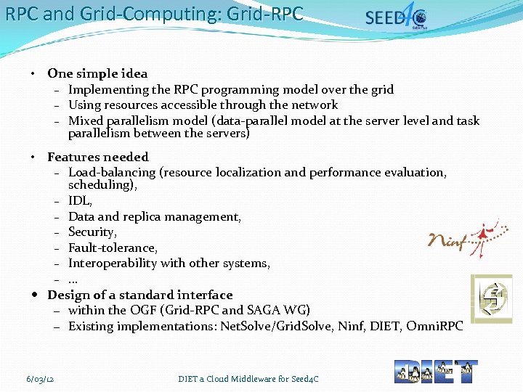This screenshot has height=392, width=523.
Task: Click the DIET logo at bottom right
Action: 436,371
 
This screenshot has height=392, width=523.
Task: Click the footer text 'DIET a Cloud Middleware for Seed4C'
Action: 248,379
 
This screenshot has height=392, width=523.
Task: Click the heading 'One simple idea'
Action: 97,73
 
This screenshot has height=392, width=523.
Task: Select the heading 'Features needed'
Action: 98,157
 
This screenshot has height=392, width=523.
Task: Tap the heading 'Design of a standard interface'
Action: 140,295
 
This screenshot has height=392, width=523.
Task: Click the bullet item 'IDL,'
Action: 80,201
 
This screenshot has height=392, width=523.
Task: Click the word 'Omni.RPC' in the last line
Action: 434,326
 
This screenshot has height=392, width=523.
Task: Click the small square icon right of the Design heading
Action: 492,298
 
